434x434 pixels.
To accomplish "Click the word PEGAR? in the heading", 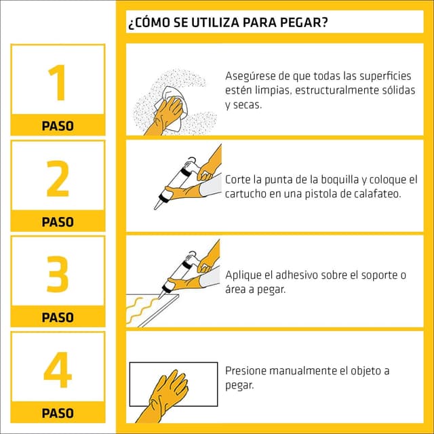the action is click(x=304, y=22).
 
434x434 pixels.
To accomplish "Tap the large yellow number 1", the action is click(x=58, y=83).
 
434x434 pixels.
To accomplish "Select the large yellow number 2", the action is click(x=58, y=178).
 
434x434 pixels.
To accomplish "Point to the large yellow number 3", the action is click(x=58, y=274).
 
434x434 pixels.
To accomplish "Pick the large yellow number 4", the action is click(x=58, y=370).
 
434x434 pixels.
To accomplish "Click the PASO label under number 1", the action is click(x=58, y=126).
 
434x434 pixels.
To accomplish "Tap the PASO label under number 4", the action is click(x=58, y=413).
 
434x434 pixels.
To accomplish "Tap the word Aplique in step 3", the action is click(x=243, y=276).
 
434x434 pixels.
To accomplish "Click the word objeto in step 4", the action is click(x=366, y=372).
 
